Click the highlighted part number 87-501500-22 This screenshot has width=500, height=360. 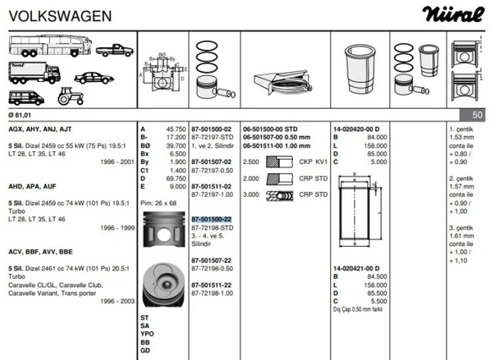pyautogui.click(x=211, y=219)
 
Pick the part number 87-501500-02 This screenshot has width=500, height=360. pyautogui.click(x=211, y=128)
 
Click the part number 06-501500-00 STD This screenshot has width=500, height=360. pyautogui.click(x=271, y=128)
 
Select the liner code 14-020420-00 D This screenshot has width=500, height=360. pyautogui.click(x=356, y=128)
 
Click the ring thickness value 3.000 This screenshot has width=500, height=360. pyautogui.click(x=250, y=195)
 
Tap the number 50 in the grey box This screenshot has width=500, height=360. pyautogui.click(x=478, y=113)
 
